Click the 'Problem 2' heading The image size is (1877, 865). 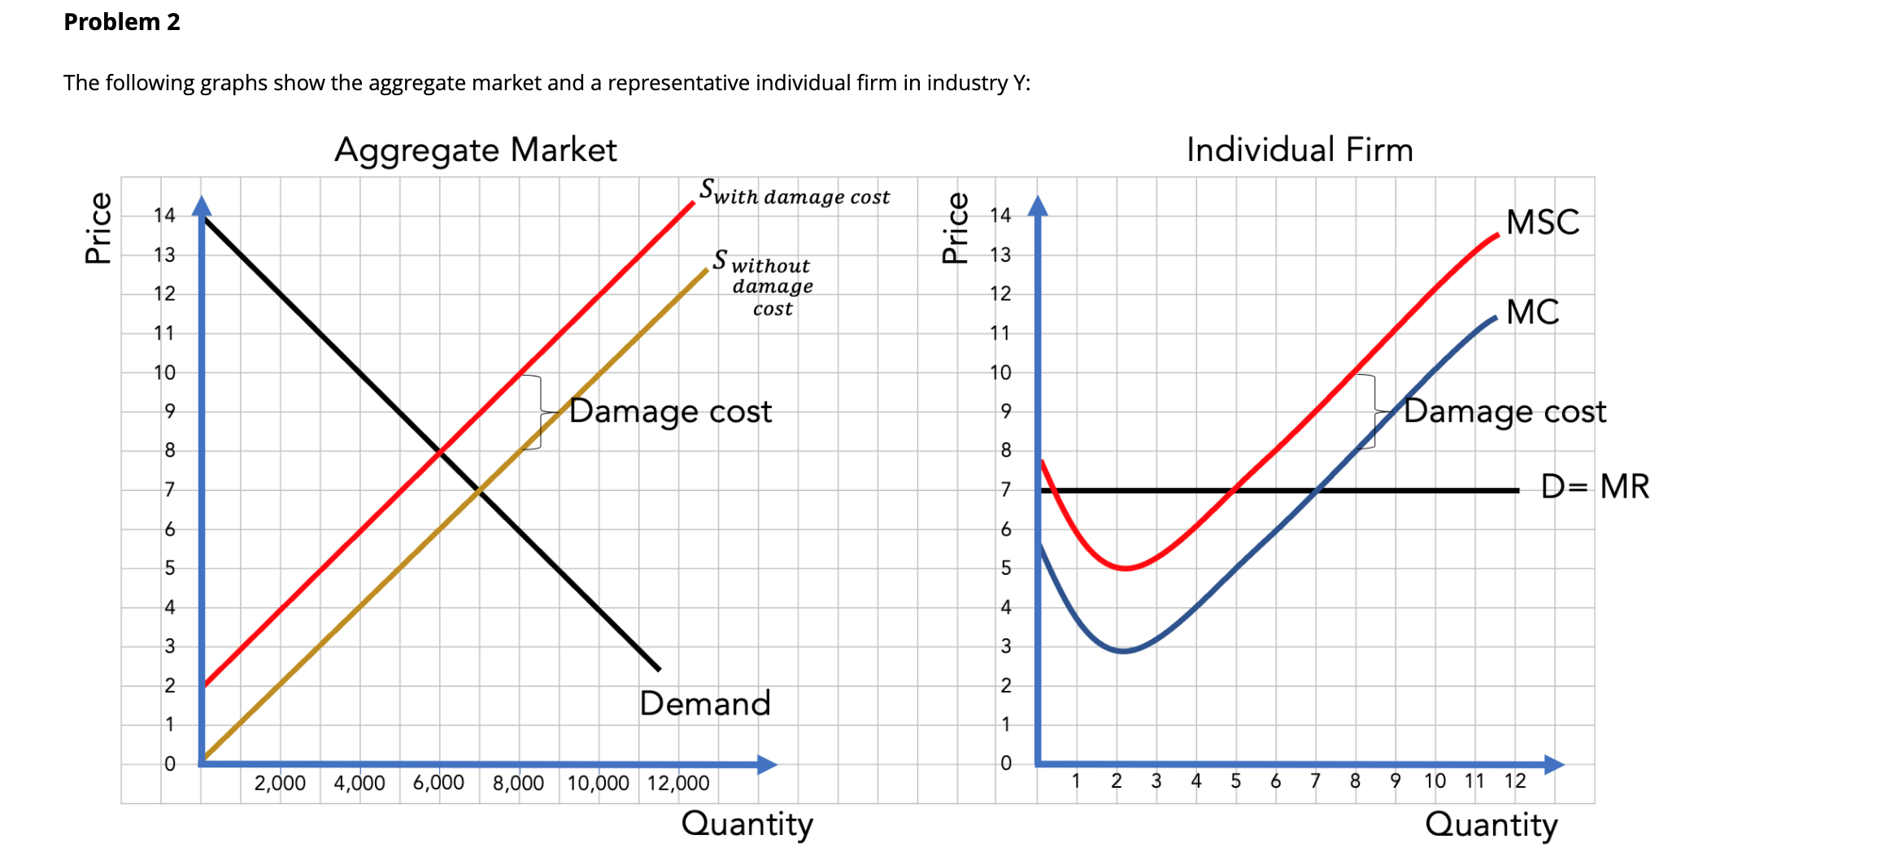click(122, 22)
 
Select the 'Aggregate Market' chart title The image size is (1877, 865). click(476, 150)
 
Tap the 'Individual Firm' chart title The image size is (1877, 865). click(1300, 150)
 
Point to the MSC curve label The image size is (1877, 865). click(1542, 222)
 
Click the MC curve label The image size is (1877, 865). click(1532, 312)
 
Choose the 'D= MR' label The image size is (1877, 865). click(1595, 487)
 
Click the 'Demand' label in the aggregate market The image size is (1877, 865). click(704, 704)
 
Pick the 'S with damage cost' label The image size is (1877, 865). click(795, 193)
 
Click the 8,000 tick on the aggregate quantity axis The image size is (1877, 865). click(518, 783)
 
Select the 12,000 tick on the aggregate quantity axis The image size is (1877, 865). click(678, 783)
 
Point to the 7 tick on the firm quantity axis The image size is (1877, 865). click(1315, 781)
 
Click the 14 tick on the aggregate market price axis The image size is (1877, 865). click(164, 215)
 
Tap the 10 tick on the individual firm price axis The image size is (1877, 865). click(1000, 372)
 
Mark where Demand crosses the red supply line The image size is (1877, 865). click(440, 450)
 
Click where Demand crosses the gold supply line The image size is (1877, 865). click(480, 490)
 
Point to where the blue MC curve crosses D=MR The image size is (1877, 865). click(1315, 490)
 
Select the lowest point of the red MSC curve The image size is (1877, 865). click(1125, 568)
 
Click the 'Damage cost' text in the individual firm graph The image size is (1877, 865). click(1505, 411)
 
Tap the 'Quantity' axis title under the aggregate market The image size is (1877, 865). click(747, 824)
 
